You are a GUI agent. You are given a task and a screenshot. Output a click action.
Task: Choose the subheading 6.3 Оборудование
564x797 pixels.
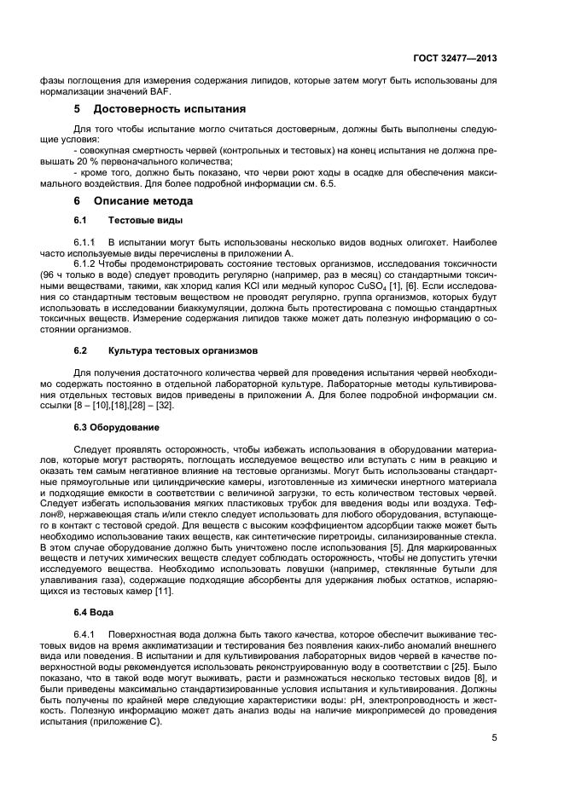click(x=115, y=425)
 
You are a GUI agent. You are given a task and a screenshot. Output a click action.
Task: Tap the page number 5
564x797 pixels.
click(x=494, y=739)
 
